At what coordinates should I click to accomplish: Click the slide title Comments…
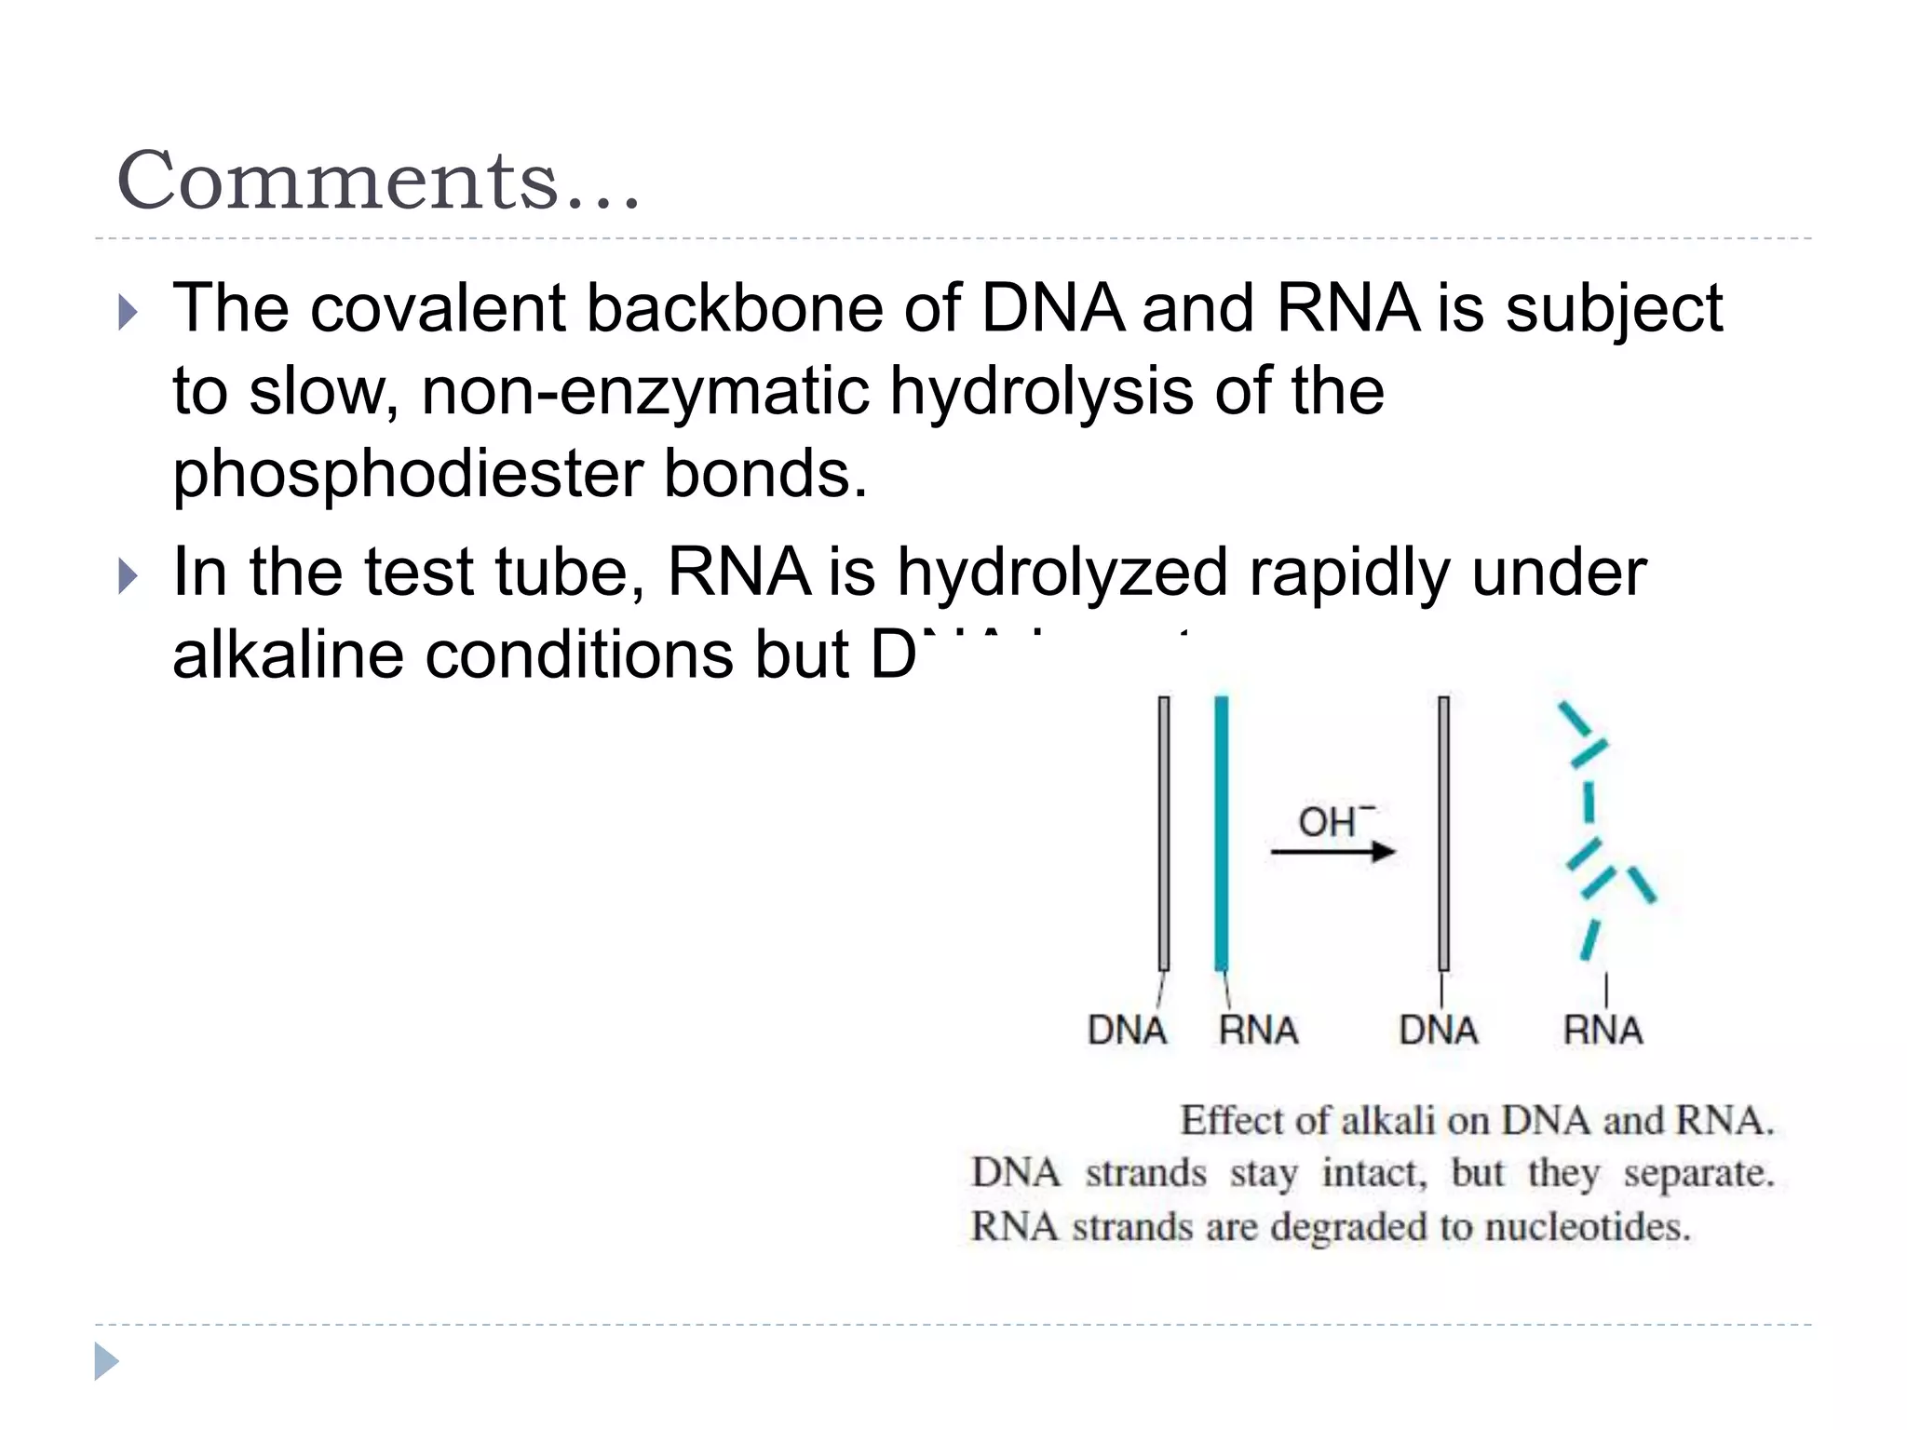(x=378, y=181)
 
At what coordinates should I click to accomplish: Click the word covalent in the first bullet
(x=438, y=308)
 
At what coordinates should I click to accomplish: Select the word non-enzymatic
(x=644, y=391)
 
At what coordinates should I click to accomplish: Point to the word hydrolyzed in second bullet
(x=1062, y=573)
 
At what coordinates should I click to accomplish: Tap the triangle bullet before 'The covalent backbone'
(x=128, y=313)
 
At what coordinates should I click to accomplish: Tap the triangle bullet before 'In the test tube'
(x=128, y=577)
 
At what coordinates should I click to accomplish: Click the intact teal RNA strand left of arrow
(x=1221, y=833)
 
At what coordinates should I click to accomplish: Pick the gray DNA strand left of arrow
(x=1164, y=833)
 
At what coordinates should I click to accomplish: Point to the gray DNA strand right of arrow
(x=1443, y=833)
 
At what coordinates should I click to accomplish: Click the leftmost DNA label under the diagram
(x=1127, y=1031)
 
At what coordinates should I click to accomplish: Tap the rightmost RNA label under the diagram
(x=1603, y=1031)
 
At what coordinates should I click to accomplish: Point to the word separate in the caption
(x=1698, y=1174)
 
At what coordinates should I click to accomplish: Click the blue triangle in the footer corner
(x=106, y=1362)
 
